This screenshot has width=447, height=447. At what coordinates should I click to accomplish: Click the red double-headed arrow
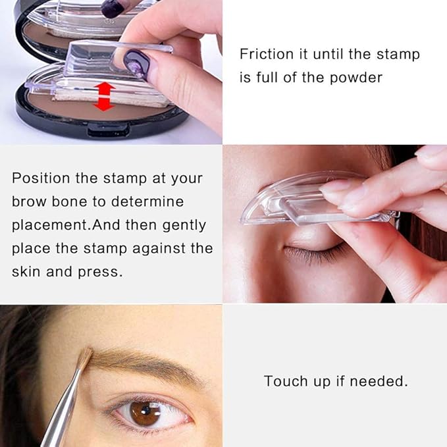104,97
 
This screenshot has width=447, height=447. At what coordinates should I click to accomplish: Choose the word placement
49,225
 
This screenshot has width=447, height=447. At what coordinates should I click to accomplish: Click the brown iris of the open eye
145,413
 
